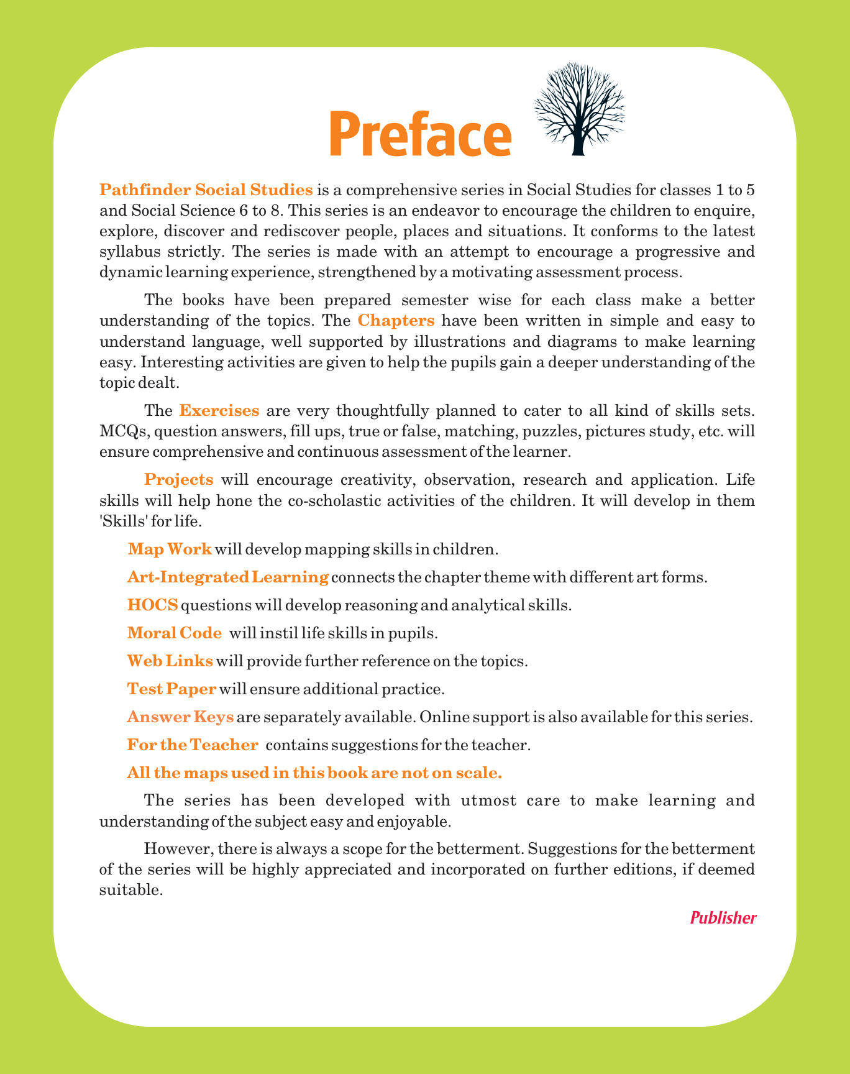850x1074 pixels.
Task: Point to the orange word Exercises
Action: point(219,410)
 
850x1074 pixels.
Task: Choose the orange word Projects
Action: point(179,479)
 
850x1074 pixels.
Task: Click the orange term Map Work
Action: point(170,549)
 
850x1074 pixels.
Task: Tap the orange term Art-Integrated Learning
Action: point(227,577)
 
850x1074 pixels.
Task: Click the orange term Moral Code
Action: point(174,633)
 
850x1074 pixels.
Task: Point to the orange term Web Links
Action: point(170,661)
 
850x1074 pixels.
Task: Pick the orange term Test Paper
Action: point(171,689)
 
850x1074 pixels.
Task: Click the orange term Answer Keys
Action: point(180,717)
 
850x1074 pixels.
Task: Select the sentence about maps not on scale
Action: point(314,773)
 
